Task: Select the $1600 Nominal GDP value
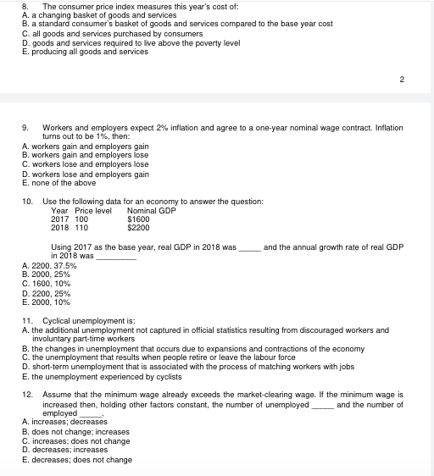(137, 219)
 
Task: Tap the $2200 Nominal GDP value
(137, 227)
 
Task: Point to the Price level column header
(93, 210)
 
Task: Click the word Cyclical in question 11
(57, 321)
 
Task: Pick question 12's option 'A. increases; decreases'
(64, 421)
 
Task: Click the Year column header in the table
(59, 210)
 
